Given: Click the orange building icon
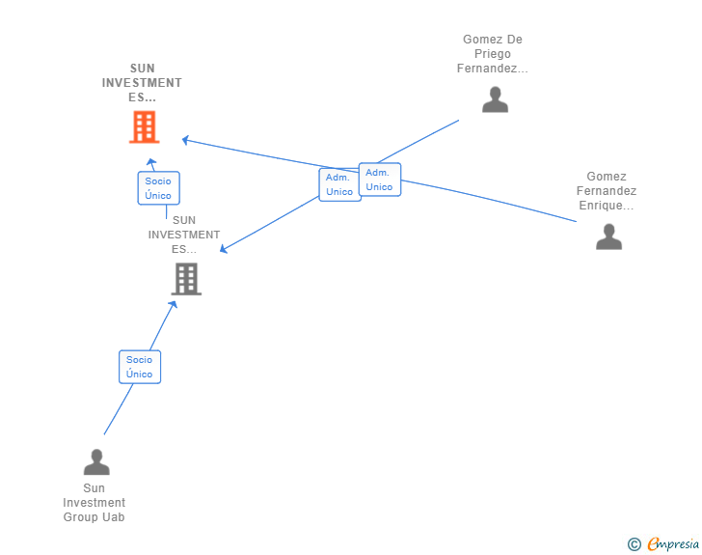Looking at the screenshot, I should point(144,126).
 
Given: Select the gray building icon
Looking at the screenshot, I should point(186,279).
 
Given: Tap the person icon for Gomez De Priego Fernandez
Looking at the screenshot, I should point(495,99).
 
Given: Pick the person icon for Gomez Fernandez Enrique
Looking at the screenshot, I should point(608,236).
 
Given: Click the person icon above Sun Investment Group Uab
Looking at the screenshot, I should point(96,462).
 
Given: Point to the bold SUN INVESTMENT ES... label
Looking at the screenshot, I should point(142,83).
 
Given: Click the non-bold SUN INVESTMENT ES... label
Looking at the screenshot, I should point(184,235).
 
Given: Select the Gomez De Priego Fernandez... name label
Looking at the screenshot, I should point(493,54).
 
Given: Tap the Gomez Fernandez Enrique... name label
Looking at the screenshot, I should point(607,191).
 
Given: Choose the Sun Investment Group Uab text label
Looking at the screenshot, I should point(94,503).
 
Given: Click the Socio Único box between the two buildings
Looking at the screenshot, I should point(158,188).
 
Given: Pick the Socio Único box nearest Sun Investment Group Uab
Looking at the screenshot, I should point(140,367).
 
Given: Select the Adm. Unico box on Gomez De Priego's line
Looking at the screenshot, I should point(339,184).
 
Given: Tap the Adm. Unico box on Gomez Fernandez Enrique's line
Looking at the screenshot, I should point(379,180).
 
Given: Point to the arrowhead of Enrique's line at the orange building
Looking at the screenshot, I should point(184,140).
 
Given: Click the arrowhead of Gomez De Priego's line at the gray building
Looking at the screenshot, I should point(223,250).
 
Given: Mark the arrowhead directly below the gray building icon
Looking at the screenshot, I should point(174,304).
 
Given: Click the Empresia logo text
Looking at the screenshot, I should point(673,544).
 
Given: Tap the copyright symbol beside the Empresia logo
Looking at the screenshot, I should point(634,545).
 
